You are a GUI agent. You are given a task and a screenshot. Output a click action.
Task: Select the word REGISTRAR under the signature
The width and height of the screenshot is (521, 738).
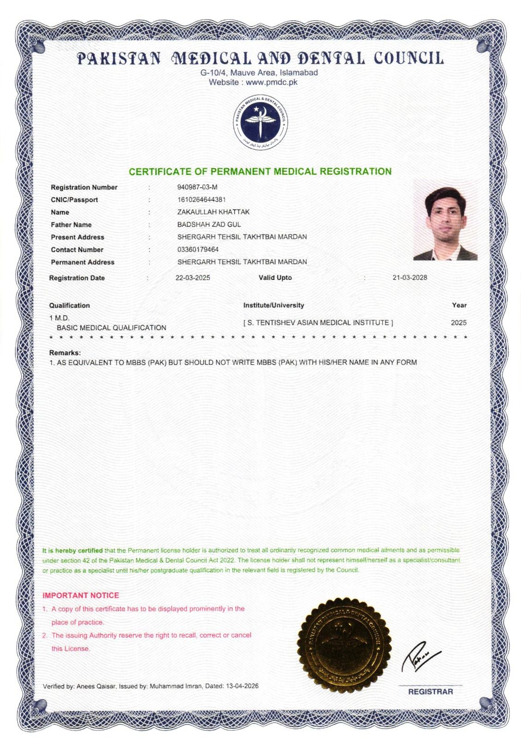coord(430,691)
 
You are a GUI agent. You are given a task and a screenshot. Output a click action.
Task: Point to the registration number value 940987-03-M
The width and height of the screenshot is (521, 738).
coord(197,187)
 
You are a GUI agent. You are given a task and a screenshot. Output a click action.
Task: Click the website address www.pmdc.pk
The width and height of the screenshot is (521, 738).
coord(272,83)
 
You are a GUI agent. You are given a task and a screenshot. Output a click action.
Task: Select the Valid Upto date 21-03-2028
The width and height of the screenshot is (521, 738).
coord(409,278)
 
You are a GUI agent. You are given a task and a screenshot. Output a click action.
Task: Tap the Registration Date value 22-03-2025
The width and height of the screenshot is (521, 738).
coord(193,278)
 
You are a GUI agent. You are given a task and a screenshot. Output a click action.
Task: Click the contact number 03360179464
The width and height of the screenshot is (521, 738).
coord(198,250)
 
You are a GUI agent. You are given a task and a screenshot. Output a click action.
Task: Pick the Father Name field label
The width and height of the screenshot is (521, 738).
coord(71,225)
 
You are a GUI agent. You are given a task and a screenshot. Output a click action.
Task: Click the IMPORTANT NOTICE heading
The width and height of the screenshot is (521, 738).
coord(81,595)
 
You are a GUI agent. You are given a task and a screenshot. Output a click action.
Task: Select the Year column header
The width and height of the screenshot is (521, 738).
coord(459,305)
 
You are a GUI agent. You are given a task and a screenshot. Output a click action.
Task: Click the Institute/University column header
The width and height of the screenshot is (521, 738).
coord(273,305)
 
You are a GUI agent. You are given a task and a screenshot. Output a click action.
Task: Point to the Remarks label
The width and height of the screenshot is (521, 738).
coord(65,353)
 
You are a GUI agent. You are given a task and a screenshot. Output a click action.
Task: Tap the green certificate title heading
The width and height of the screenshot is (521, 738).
coord(260,172)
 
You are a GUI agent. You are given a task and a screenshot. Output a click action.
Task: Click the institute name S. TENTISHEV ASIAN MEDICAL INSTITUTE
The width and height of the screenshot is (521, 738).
coord(318,323)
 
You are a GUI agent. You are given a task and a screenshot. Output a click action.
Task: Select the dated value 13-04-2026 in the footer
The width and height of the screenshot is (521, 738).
coord(242,686)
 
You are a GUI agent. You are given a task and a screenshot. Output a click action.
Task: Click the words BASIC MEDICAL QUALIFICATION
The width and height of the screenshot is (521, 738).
coord(111,328)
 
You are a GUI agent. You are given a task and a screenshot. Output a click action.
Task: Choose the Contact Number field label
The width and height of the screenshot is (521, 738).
coord(77,250)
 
